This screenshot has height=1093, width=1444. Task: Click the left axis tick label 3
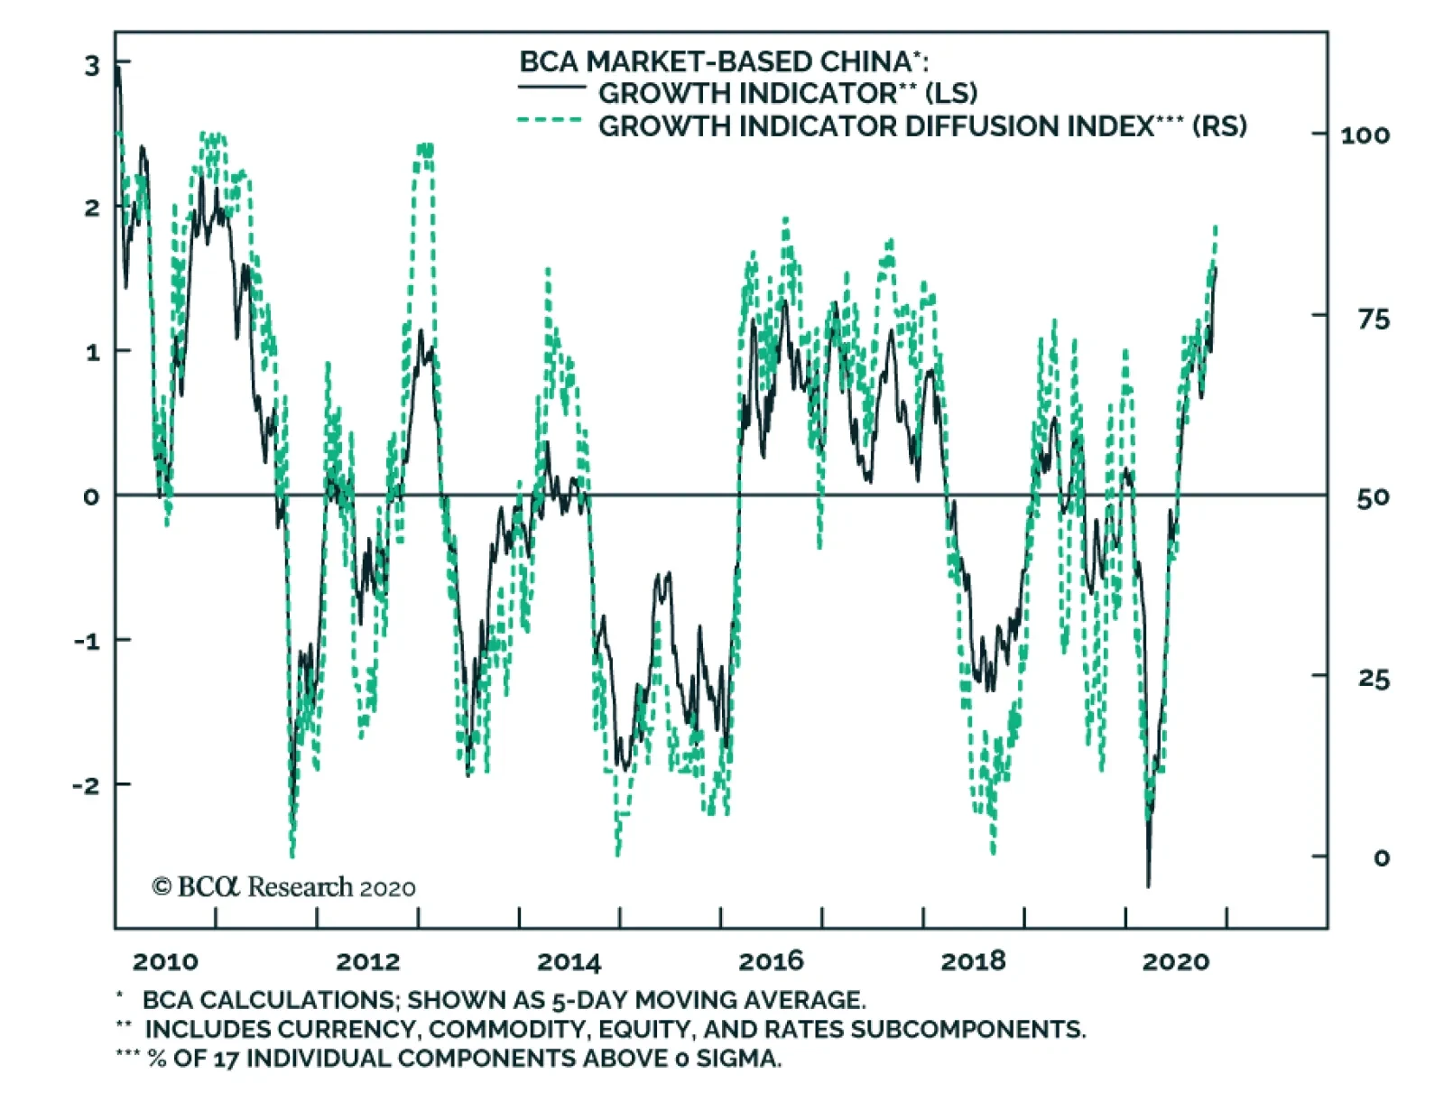92,65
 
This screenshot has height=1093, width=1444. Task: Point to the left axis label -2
87,785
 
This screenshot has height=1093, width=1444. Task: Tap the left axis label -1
87,641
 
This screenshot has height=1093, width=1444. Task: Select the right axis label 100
1365,135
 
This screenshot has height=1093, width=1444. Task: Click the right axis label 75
1373,319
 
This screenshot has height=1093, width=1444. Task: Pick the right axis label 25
1373,679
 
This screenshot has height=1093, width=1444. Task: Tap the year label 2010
165,961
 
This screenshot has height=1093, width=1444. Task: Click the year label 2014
569,961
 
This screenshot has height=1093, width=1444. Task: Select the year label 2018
973,961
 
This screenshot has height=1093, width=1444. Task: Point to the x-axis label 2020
1175,961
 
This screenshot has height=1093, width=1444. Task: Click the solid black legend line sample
551,88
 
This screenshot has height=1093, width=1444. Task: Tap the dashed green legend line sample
550,120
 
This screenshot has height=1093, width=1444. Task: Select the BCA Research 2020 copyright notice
283,887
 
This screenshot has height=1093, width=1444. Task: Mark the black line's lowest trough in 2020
1148,886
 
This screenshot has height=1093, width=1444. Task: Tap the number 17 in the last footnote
226,1059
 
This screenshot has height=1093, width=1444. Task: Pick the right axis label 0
1381,857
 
